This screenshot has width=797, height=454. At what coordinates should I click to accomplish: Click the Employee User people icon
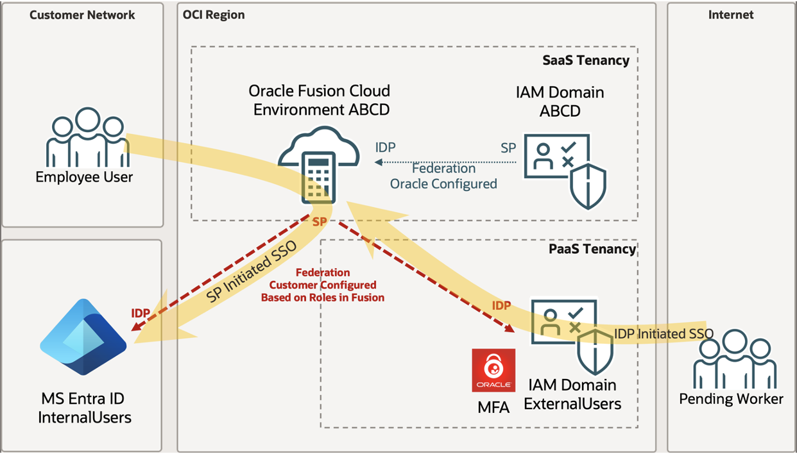(x=84, y=138)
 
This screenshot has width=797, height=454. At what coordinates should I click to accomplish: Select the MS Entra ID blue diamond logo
(x=83, y=337)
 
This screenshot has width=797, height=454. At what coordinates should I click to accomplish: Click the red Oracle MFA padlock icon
(x=493, y=371)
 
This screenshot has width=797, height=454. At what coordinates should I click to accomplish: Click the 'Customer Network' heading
(x=82, y=15)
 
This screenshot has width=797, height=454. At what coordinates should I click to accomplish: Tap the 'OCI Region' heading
(x=214, y=15)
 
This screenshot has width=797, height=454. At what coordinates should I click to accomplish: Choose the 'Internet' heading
(x=730, y=15)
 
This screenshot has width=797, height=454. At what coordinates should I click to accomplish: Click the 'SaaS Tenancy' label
(x=585, y=60)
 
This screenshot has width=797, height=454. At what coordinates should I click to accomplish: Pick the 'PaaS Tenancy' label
(x=592, y=249)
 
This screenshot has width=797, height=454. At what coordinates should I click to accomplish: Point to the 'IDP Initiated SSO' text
(x=664, y=333)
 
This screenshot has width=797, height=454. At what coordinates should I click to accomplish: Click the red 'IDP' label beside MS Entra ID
(x=141, y=313)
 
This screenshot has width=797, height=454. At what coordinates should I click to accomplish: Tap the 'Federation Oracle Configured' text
(x=443, y=176)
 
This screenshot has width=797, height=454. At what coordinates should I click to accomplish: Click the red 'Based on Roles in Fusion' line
(x=322, y=297)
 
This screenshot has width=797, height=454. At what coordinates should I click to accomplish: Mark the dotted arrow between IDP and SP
(x=445, y=162)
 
